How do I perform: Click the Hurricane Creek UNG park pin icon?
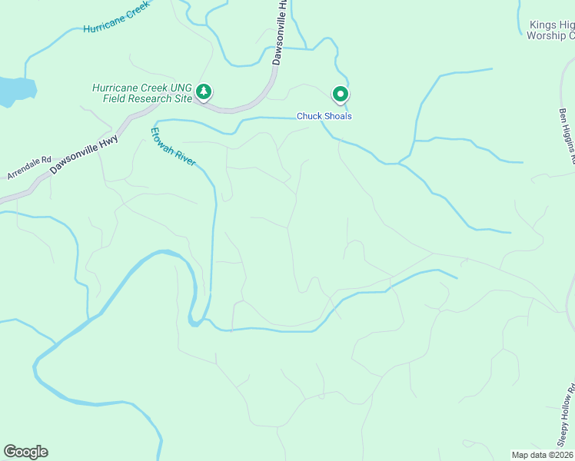click(x=204, y=93)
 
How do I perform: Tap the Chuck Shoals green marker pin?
click(x=340, y=94)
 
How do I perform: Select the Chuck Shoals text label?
click(x=324, y=117)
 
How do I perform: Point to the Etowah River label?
click(x=173, y=146)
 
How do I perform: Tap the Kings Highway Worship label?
click(x=551, y=30)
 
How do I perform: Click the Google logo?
click(x=25, y=452)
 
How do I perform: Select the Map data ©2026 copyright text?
click(x=542, y=454)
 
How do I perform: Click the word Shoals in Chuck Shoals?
click(x=337, y=117)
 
